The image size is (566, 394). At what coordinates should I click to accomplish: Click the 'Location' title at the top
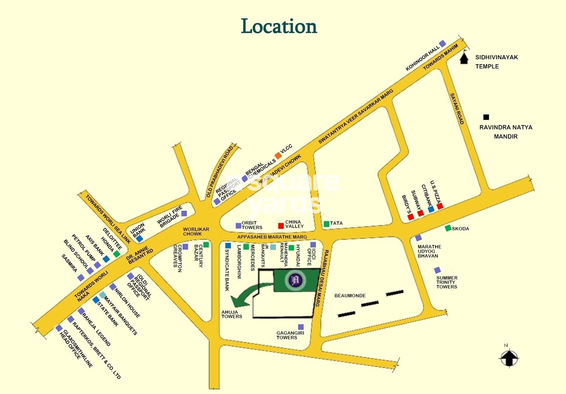coord(279,26)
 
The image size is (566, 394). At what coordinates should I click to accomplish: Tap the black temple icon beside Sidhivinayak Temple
coord(464,59)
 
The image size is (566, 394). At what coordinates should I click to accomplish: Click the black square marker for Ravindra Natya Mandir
coord(486,117)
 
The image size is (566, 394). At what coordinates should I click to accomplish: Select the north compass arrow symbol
coord(509,357)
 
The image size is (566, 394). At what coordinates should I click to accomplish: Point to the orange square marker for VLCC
coord(278,155)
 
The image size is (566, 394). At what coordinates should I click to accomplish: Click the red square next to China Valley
coord(281,226)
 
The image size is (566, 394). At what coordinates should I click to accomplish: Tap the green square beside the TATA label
coord(326,224)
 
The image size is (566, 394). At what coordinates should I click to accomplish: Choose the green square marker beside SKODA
coord(448,228)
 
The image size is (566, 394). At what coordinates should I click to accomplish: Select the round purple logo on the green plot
coord(295,280)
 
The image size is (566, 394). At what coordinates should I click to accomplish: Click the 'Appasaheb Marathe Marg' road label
coord(272,237)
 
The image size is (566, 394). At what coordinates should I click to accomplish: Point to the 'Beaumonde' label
coord(350,296)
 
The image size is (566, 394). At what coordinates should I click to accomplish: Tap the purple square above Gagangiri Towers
coord(301,327)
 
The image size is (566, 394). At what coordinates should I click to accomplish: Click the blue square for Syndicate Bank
coord(228,246)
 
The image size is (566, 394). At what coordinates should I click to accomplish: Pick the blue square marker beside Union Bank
coord(140,239)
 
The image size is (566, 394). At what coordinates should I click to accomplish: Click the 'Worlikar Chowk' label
coord(196,232)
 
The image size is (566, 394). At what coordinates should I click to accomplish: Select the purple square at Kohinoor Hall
coord(442,44)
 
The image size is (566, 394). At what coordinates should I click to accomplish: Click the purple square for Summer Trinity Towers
coord(437,270)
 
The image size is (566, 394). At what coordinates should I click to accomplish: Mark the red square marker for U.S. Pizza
coord(440,206)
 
